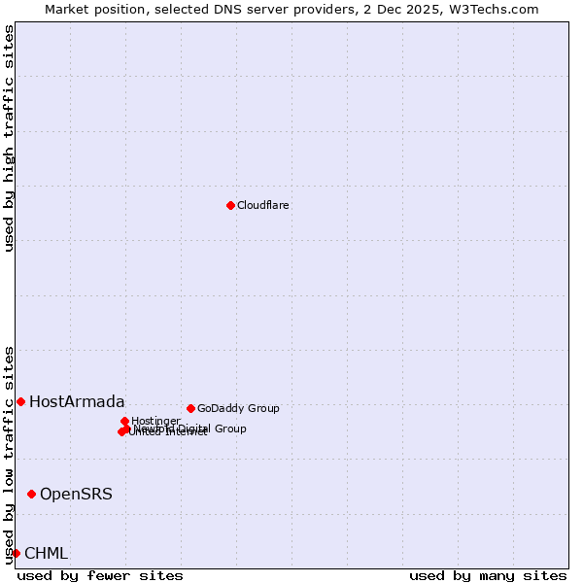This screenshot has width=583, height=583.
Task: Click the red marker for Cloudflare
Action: tap(230, 205)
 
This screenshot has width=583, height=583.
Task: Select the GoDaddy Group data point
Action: tap(190, 408)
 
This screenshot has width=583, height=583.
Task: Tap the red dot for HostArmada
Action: tap(20, 401)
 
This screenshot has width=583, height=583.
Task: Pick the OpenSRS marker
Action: tap(31, 494)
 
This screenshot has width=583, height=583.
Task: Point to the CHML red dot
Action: tap(16, 553)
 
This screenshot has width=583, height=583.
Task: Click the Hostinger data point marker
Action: tap(124, 421)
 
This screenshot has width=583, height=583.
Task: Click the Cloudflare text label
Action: tap(263, 205)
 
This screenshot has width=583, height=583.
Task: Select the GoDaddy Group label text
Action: tap(238, 408)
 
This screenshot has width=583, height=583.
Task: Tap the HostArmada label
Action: tap(77, 401)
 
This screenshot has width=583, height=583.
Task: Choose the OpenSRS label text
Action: tap(76, 494)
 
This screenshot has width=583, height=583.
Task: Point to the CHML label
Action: tap(46, 553)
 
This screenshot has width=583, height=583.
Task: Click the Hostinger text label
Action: tap(155, 421)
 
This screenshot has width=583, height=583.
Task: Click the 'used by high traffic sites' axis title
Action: tap(9, 138)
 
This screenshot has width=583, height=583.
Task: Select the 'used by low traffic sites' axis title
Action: tap(9, 454)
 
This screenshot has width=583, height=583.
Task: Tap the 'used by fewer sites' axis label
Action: tap(100, 575)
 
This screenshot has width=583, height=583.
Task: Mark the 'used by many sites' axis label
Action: tap(488, 575)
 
